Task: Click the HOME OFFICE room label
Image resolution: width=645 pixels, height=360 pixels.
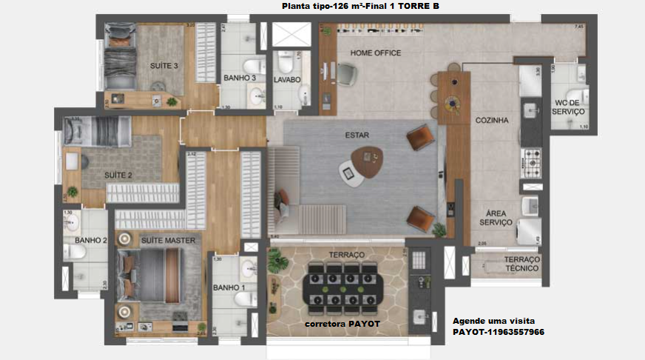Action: pos(375,53)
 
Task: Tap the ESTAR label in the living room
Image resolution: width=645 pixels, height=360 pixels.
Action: pos(357,135)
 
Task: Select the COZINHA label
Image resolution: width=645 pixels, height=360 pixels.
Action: pos(492,120)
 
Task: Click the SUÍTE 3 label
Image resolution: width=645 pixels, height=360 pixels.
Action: pos(163,66)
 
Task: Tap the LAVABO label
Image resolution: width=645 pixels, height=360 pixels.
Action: pos(286,79)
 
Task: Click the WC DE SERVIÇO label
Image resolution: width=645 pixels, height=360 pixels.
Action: pos(569,107)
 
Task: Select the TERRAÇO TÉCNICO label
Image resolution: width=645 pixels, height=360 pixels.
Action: pos(522,265)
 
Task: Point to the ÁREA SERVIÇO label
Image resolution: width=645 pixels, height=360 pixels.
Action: pos(495,217)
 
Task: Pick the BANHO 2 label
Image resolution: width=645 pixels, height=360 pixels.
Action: pos(91,240)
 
